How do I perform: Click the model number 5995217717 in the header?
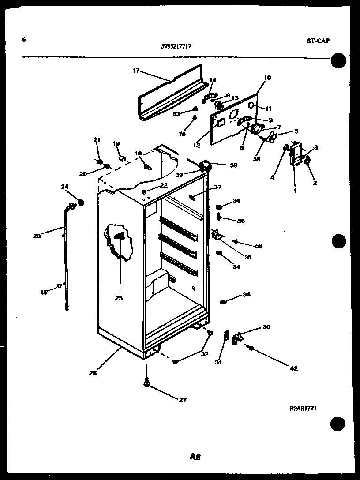pos(176,45)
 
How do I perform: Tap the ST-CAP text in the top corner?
pos(318,41)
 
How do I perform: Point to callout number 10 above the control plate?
pos(267,78)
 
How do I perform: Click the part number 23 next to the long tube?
pos(37,236)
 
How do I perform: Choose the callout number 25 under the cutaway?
pos(118,298)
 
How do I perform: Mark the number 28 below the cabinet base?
pos(92,373)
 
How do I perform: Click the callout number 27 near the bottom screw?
pos(183,400)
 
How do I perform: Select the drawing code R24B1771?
pos(303,409)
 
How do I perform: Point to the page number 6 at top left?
pos(24,40)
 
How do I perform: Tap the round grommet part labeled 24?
pos(80,202)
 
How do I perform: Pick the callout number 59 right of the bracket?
pos(258,245)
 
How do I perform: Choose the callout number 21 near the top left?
pos(97,140)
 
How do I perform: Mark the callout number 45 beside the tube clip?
pos(44,292)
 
